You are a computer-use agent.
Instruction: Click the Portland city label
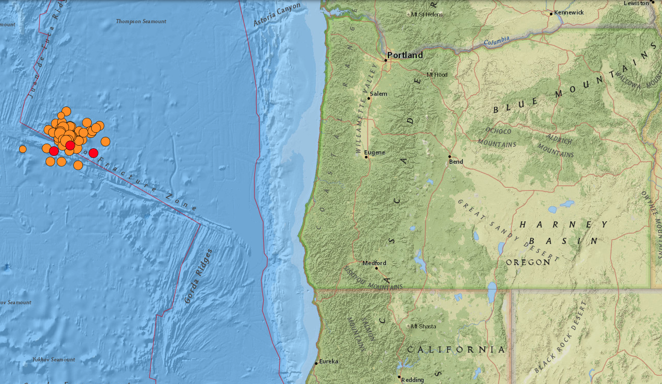point(405,55)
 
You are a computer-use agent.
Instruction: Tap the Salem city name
point(379,94)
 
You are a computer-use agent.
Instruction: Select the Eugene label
point(374,152)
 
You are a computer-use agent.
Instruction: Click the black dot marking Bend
point(450,156)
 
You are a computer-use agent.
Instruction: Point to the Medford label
point(374,263)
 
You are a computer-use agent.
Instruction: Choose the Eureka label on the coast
point(329,361)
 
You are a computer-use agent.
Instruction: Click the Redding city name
point(412,380)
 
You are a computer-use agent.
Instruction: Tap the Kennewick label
point(569,12)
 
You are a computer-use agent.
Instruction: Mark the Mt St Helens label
point(427,14)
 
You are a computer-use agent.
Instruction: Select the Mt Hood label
point(437,75)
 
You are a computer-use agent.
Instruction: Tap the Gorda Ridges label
point(198,276)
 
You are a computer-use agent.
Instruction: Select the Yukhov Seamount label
point(54,359)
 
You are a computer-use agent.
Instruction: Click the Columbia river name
point(497,40)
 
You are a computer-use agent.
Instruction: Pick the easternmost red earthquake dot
point(93,153)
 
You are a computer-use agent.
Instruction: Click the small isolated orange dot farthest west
point(23,149)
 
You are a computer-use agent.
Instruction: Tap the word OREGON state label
point(528,262)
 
